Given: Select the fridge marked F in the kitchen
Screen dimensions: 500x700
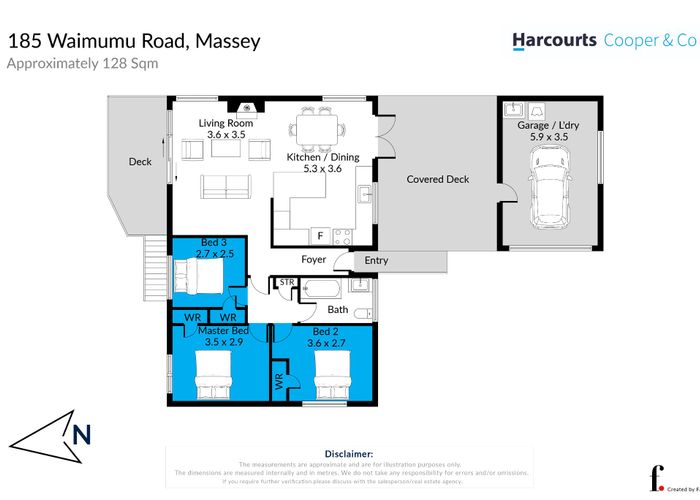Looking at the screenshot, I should click(320, 236).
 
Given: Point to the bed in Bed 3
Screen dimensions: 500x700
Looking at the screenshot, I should click(196, 274).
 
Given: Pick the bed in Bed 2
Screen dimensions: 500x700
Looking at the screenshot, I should click(331, 380).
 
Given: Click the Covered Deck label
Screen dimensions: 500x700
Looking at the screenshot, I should click(437, 180).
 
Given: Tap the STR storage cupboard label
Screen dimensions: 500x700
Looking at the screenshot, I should click(285, 284).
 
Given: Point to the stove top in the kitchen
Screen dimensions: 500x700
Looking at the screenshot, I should click(342, 237).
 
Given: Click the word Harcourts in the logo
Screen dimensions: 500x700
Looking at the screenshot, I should click(553, 40).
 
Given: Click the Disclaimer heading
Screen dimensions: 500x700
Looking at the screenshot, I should click(349, 453).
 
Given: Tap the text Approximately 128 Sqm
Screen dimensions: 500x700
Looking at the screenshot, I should click(82, 63).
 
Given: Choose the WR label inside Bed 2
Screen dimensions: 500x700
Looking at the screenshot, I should click(279, 381).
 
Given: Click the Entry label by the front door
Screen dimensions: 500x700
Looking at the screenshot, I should click(376, 261).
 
